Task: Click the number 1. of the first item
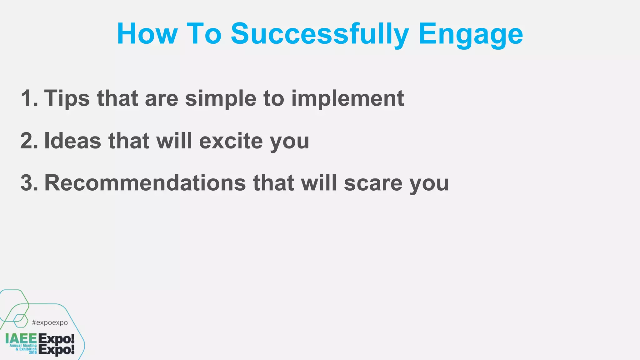pyautogui.click(x=29, y=98)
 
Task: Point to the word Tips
pyautogui.click(x=67, y=98)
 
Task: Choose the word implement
pyautogui.click(x=347, y=98)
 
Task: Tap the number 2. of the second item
pyautogui.click(x=29, y=141)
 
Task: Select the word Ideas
pyautogui.click(x=73, y=141)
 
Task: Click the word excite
pyautogui.click(x=231, y=141)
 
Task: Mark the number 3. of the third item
pyautogui.click(x=29, y=183)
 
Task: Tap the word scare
pyautogui.click(x=373, y=183)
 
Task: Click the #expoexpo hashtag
pyautogui.click(x=50, y=322)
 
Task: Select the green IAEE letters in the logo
pyautogui.click(x=21, y=338)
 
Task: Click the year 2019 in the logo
pyautogui.click(x=33, y=352)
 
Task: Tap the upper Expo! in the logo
pyautogui.click(x=56, y=339)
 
